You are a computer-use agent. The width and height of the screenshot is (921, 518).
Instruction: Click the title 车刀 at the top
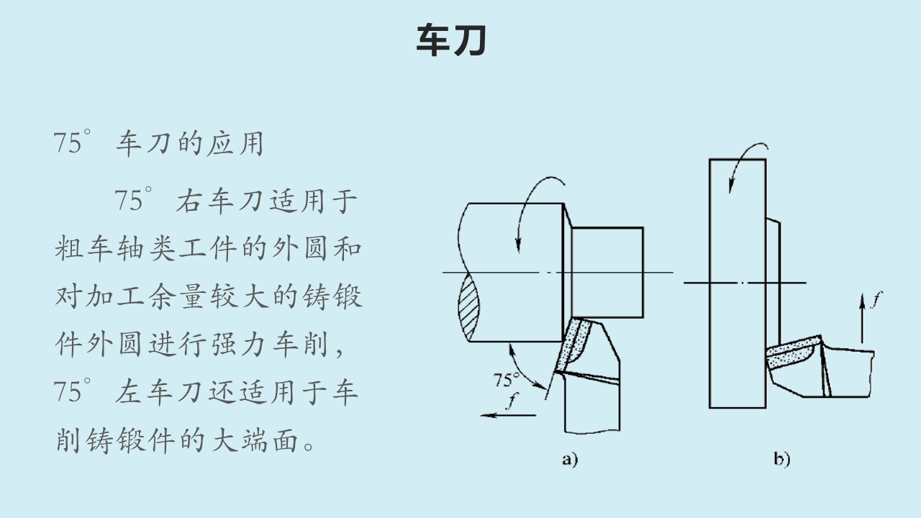pyautogui.click(x=451, y=40)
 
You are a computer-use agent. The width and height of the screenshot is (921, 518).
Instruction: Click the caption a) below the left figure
pyautogui.click(x=570, y=459)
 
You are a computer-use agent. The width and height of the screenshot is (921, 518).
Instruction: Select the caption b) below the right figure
pyautogui.click(x=781, y=459)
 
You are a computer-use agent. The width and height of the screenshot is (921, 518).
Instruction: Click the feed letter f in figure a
pyautogui.click(x=512, y=401)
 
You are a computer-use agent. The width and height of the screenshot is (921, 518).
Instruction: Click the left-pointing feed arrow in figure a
pyautogui.click(x=508, y=416)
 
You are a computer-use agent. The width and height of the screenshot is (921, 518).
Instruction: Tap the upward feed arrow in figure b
pyautogui.click(x=862, y=318)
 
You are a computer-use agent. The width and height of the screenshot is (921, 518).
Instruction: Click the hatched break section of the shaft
pyautogui.click(x=468, y=307)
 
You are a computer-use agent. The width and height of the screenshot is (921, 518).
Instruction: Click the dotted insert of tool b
pyautogui.click(x=791, y=353)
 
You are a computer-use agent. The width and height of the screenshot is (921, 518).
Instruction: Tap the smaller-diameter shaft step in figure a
pyautogui.click(x=607, y=273)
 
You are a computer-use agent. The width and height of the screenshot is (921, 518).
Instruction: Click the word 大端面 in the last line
pyautogui.click(x=255, y=440)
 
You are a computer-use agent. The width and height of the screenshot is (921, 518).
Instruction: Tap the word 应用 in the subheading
pyautogui.click(x=235, y=143)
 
